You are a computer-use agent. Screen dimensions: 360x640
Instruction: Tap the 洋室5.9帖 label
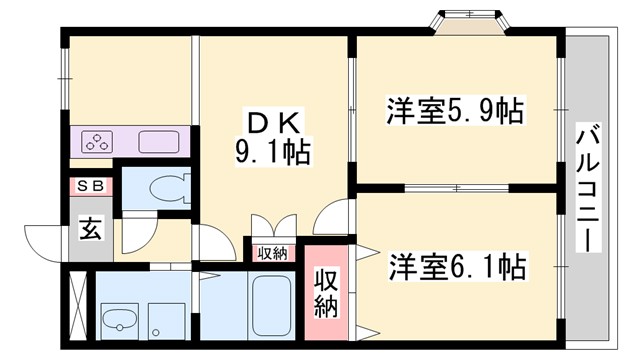455,110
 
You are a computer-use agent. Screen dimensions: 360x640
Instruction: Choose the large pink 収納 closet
328,293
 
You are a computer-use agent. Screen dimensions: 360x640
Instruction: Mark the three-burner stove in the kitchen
98,142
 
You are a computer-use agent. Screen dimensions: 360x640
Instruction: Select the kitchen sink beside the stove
154,142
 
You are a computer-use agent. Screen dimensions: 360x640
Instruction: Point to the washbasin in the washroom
120,321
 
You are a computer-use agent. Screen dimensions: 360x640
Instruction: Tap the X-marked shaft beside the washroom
78,306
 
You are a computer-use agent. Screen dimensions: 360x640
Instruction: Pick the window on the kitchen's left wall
64,74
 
